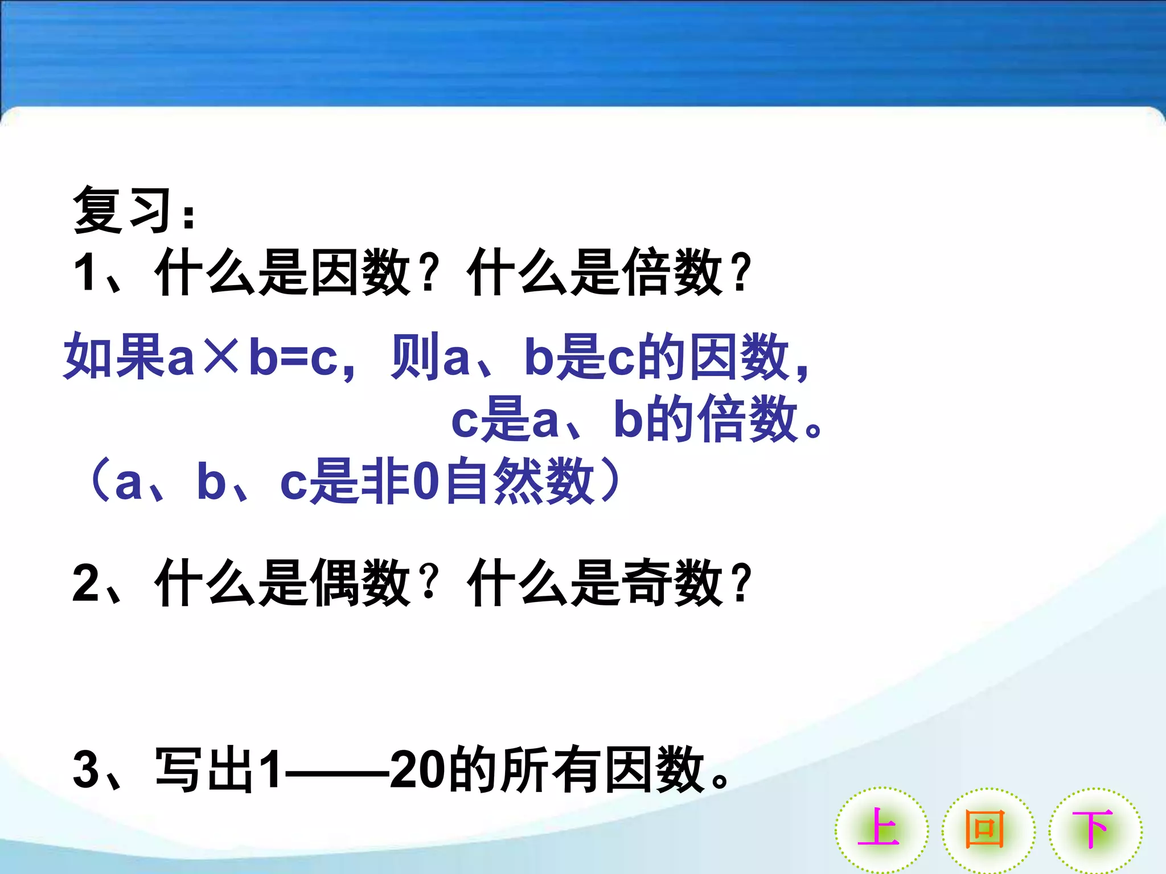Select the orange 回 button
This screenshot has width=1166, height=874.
point(987,830)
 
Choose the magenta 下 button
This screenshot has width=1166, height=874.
point(1094,830)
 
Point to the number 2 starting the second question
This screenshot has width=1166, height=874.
point(87,583)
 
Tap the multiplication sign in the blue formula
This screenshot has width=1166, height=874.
point(221,356)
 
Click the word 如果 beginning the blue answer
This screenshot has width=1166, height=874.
point(114,356)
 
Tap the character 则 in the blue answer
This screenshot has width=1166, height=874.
point(416,356)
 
